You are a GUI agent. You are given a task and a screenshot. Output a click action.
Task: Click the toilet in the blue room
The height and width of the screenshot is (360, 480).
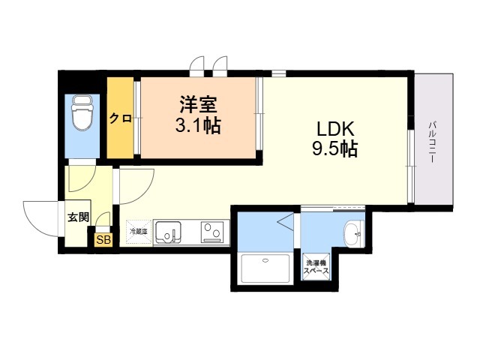81,113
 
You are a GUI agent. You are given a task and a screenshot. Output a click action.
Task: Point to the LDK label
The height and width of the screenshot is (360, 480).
334,127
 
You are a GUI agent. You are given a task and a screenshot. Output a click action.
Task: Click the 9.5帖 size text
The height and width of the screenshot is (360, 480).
334,148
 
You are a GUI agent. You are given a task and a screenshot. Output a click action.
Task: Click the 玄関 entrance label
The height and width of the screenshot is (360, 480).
77,217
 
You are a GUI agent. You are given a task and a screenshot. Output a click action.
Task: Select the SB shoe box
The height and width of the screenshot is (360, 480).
102,241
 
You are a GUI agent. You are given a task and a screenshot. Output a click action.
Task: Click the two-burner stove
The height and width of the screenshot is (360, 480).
212,232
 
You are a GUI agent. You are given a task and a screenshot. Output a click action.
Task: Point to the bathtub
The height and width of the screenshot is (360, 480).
266,269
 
